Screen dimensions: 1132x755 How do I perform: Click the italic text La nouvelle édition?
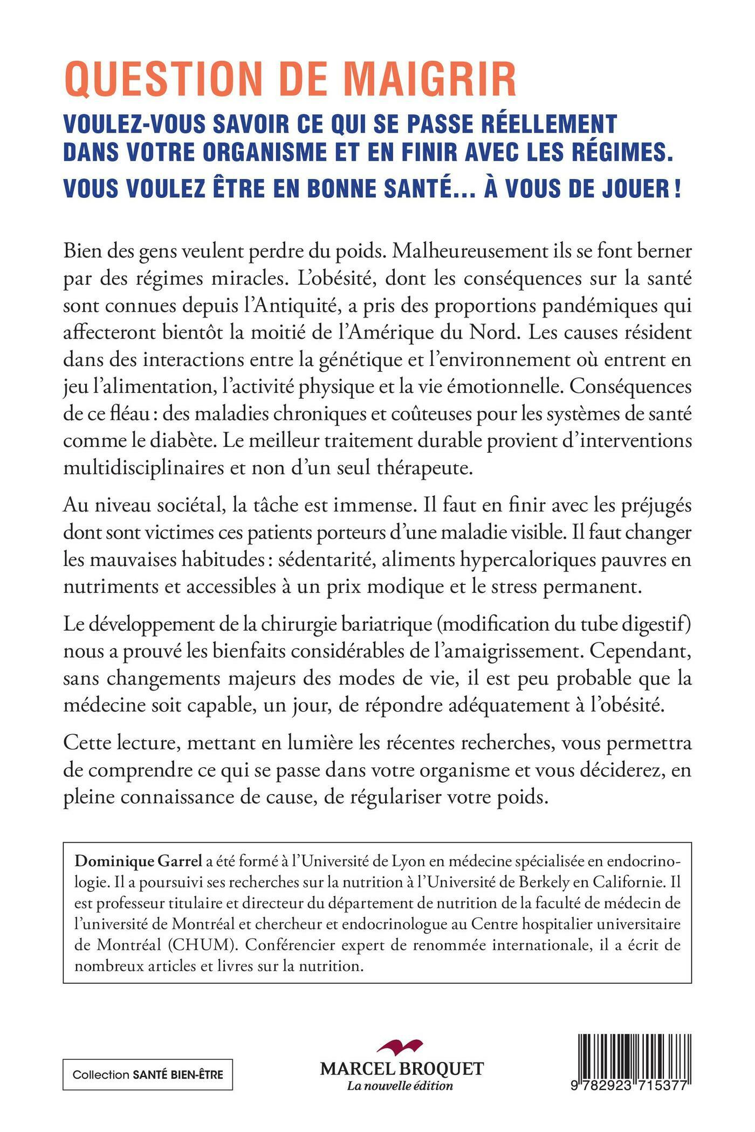[x=400, y=1086]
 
